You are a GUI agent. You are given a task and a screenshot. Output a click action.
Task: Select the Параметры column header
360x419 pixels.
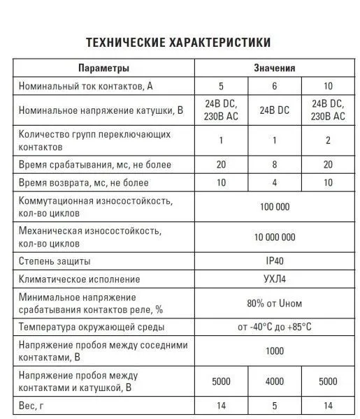(x=103, y=68)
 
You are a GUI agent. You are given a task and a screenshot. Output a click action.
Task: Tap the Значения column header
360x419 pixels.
(x=274, y=68)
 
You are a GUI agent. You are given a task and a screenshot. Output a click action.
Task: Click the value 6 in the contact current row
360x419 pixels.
(x=274, y=87)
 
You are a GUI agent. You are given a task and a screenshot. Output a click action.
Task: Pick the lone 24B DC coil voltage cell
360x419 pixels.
(x=274, y=110)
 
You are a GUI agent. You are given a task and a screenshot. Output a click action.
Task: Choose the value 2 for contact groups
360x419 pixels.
(x=327, y=140)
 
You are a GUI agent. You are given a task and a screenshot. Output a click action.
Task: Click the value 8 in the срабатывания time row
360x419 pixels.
(x=274, y=165)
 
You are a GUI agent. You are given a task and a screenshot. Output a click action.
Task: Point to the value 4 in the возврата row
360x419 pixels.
(x=274, y=184)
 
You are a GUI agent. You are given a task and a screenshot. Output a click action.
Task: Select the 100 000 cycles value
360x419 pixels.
(x=274, y=207)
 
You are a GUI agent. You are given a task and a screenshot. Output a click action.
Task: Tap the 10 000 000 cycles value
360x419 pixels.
(x=274, y=237)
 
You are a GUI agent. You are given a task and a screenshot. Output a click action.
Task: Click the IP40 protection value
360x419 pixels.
(x=274, y=261)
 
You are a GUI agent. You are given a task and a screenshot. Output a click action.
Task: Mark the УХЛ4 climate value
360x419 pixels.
(x=274, y=279)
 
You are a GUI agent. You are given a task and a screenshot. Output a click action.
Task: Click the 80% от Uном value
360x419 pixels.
(x=274, y=303)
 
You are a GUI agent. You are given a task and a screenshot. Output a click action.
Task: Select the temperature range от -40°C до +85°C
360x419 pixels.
(x=274, y=327)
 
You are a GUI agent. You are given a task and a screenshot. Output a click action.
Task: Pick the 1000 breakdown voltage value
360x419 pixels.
(x=274, y=351)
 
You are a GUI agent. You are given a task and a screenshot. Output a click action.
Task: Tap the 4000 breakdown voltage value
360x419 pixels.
(x=274, y=381)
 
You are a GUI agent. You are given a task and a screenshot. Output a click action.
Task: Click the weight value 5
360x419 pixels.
(x=274, y=405)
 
